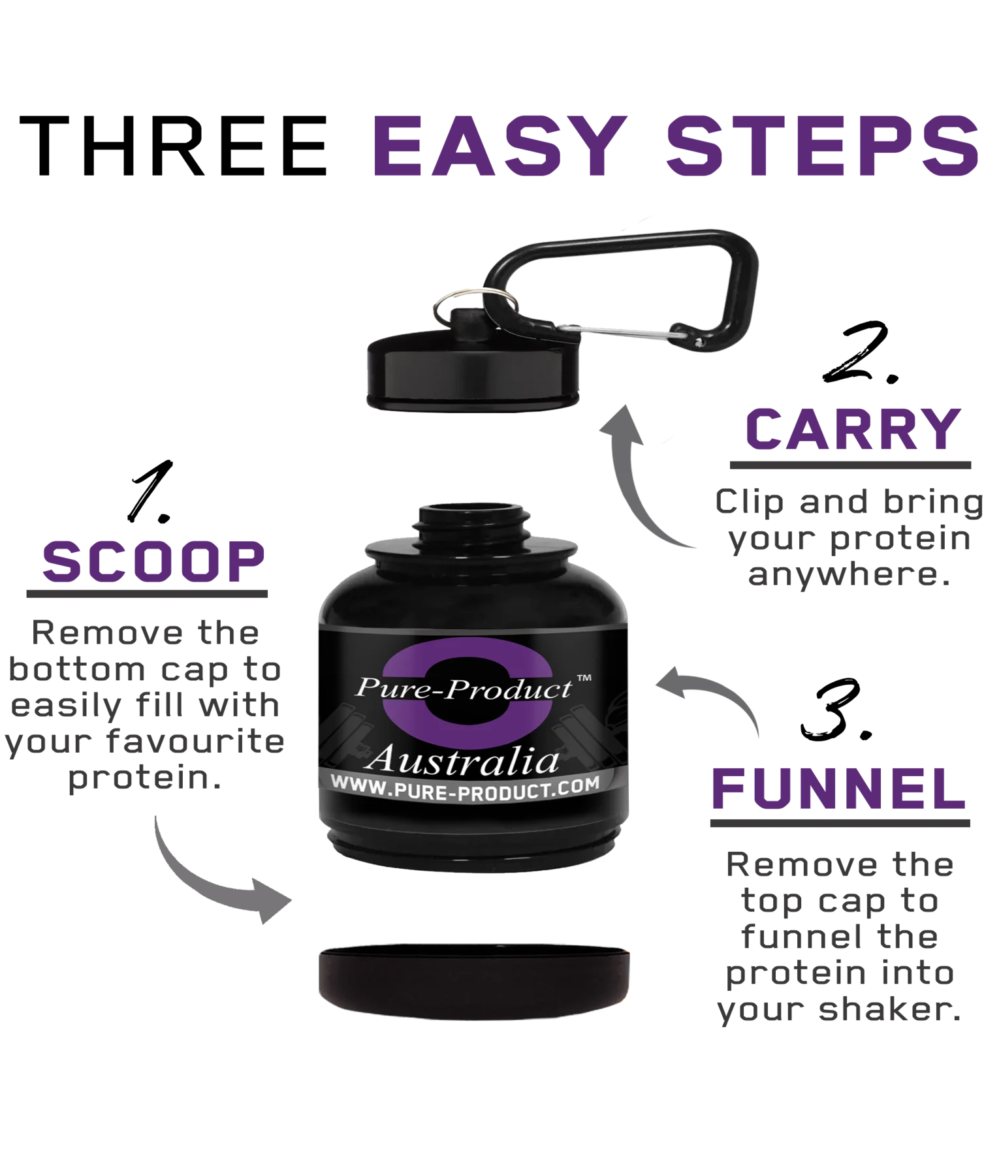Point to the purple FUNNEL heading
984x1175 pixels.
pyautogui.click(x=838, y=788)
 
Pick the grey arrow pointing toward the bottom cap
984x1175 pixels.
pyautogui.click(x=209, y=875)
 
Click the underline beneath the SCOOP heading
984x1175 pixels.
pyautogui.click(x=148, y=595)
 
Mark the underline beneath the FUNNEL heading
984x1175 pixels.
pyautogui.click(x=838, y=824)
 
